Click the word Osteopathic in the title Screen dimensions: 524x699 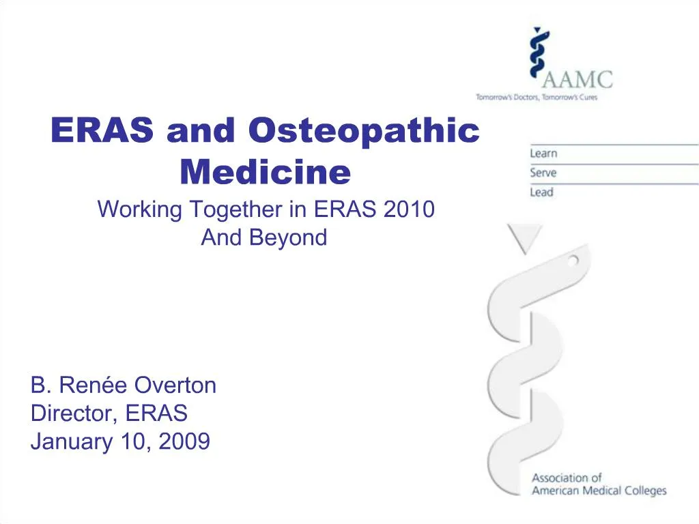tap(363, 130)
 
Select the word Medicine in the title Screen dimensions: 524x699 tap(265, 172)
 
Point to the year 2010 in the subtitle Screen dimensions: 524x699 tap(409, 209)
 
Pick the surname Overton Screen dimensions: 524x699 tap(175, 385)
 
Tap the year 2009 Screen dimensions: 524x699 tap(184, 442)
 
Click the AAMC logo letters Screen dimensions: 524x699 tap(577, 78)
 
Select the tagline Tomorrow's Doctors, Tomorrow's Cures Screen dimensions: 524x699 tap(537, 98)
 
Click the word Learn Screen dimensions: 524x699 tap(543, 154)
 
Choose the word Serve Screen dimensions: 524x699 tap(543, 173)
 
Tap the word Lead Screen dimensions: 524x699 tap(541, 192)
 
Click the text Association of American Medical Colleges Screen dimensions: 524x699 tap(599, 484)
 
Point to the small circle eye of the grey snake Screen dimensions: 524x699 tap(574, 259)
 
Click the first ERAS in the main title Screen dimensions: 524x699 tap(103, 130)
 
